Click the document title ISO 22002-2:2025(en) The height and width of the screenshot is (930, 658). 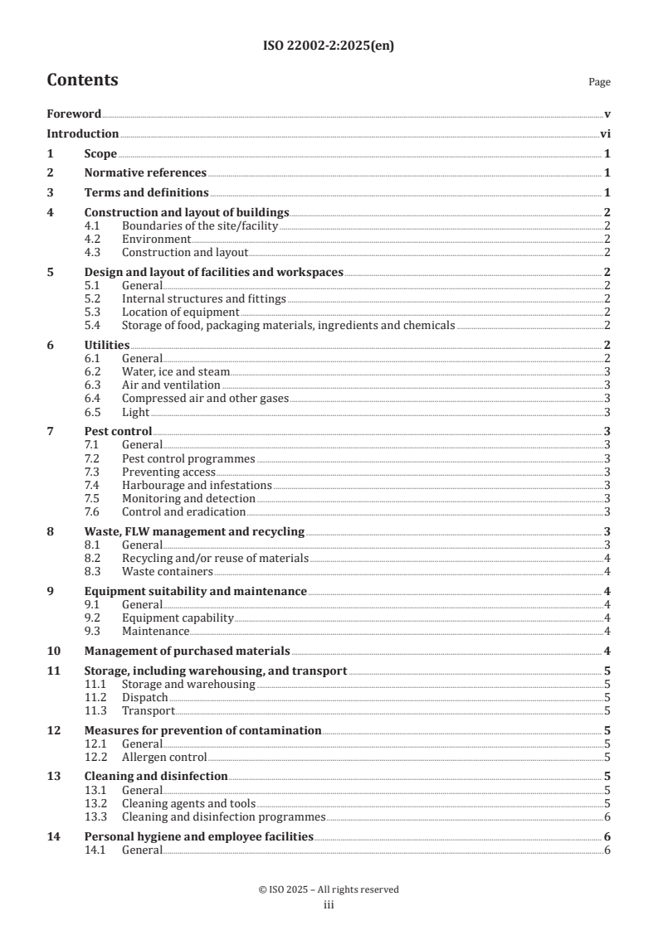[329, 46]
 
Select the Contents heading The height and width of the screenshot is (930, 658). [82, 80]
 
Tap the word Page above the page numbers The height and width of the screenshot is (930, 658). [599, 83]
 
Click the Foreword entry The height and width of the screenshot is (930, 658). [74, 114]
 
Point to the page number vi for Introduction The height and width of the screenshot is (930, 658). [606, 133]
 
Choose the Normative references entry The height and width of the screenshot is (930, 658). [145, 173]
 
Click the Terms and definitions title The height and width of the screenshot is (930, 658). [146, 193]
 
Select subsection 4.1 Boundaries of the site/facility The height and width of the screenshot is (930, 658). [200, 225]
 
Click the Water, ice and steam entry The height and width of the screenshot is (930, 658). [176, 372]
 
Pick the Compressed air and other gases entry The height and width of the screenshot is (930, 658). [205, 399]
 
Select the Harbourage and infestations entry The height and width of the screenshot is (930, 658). [197, 485]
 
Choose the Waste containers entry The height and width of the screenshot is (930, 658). [167, 571]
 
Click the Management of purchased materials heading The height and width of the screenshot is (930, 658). [187, 651]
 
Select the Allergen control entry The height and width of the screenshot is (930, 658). [164, 757]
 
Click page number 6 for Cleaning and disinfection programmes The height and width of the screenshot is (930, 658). [608, 816]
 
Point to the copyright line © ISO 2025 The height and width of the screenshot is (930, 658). [329, 889]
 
